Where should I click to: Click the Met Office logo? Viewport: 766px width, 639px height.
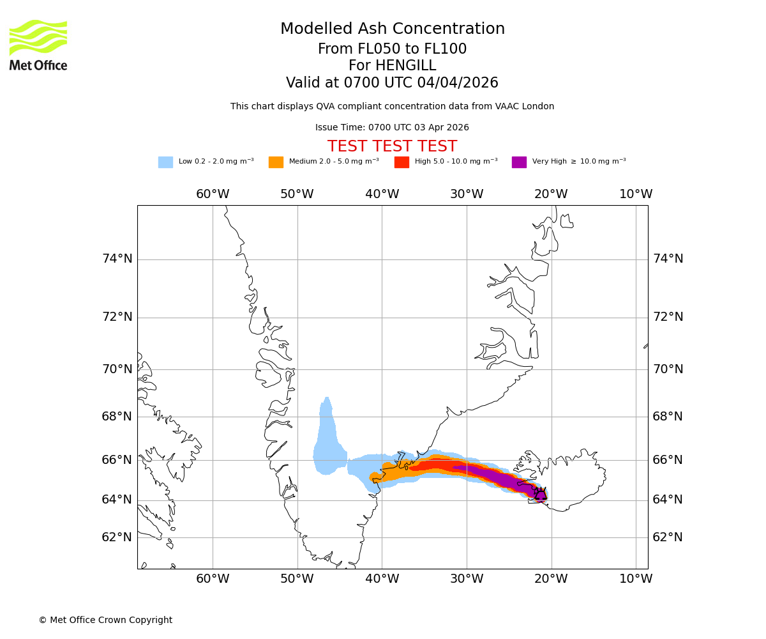coord(38,45)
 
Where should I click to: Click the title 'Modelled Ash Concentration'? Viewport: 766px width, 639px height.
coord(393,29)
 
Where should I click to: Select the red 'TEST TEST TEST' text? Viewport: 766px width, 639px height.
coord(392,146)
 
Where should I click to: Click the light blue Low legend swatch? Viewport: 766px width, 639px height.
coord(165,162)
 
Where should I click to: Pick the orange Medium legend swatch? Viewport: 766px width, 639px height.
coord(276,162)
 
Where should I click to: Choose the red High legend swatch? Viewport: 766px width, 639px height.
coord(402,162)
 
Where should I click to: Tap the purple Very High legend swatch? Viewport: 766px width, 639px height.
coord(519,162)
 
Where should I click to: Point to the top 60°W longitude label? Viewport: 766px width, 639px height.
coord(213,194)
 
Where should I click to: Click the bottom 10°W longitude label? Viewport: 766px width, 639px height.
coord(636,579)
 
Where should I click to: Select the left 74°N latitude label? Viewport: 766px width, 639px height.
coord(117,259)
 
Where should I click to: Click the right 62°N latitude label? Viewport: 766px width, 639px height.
coord(668,537)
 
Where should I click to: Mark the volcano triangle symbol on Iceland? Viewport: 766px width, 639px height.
coord(541,495)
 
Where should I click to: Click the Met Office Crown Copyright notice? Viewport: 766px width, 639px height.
coord(105,620)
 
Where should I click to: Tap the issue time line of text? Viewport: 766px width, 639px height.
coord(392,128)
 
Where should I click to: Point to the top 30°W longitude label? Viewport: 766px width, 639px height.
coord(467,194)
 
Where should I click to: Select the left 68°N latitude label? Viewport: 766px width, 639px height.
coord(117,417)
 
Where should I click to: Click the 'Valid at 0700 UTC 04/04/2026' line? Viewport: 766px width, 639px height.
coord(392,83)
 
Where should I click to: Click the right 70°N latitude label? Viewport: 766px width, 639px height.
coord(668,369)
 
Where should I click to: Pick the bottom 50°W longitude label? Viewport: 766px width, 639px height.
coord(297,579)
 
